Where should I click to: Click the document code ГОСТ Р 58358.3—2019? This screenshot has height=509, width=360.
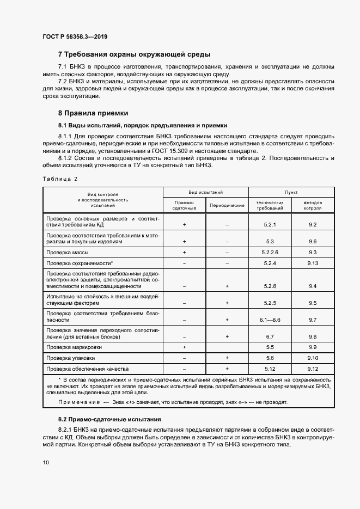[x=75, y=36]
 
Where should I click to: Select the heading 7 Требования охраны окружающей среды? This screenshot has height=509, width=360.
[x=134, y=54]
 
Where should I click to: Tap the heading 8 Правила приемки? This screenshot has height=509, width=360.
[x=93, y=113]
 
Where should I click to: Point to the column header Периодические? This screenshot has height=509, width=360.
[x=227, y=205]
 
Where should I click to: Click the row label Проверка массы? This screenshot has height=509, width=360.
[x=68, y=253]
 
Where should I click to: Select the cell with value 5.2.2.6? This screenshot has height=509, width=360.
[x=270, y=253]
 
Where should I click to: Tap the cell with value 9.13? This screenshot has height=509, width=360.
[x=313, y=263]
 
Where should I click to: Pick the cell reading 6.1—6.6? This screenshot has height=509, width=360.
[x=270, y=320]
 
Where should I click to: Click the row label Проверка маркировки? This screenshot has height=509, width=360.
[x=74, y=347]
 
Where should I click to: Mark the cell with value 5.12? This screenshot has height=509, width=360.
[x=270, y=369]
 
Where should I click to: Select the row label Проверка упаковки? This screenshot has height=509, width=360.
[x=71, y=358]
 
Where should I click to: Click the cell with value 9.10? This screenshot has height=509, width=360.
[x=313, y=358]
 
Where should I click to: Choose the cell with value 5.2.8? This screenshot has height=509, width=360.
[x=270, y=286]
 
